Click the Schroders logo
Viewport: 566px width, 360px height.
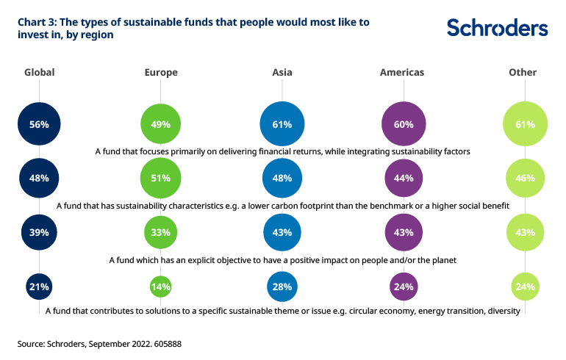[497, 28]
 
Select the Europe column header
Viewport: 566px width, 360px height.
[162, 73]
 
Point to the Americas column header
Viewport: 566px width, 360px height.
[402, 73]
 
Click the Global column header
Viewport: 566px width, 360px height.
[40, 73]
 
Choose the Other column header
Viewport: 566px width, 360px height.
[523, 73]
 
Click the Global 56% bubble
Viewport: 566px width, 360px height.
[40, 124]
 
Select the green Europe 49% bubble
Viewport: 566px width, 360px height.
[161, 124]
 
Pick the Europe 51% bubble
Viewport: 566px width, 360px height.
[161, 178]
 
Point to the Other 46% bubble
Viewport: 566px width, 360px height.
[525, 178]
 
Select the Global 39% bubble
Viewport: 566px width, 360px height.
[40, 232]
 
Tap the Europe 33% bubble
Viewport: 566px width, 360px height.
[161, 232]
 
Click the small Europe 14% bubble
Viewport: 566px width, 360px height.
[161, 287]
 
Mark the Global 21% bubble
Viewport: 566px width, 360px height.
[40, 287]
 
